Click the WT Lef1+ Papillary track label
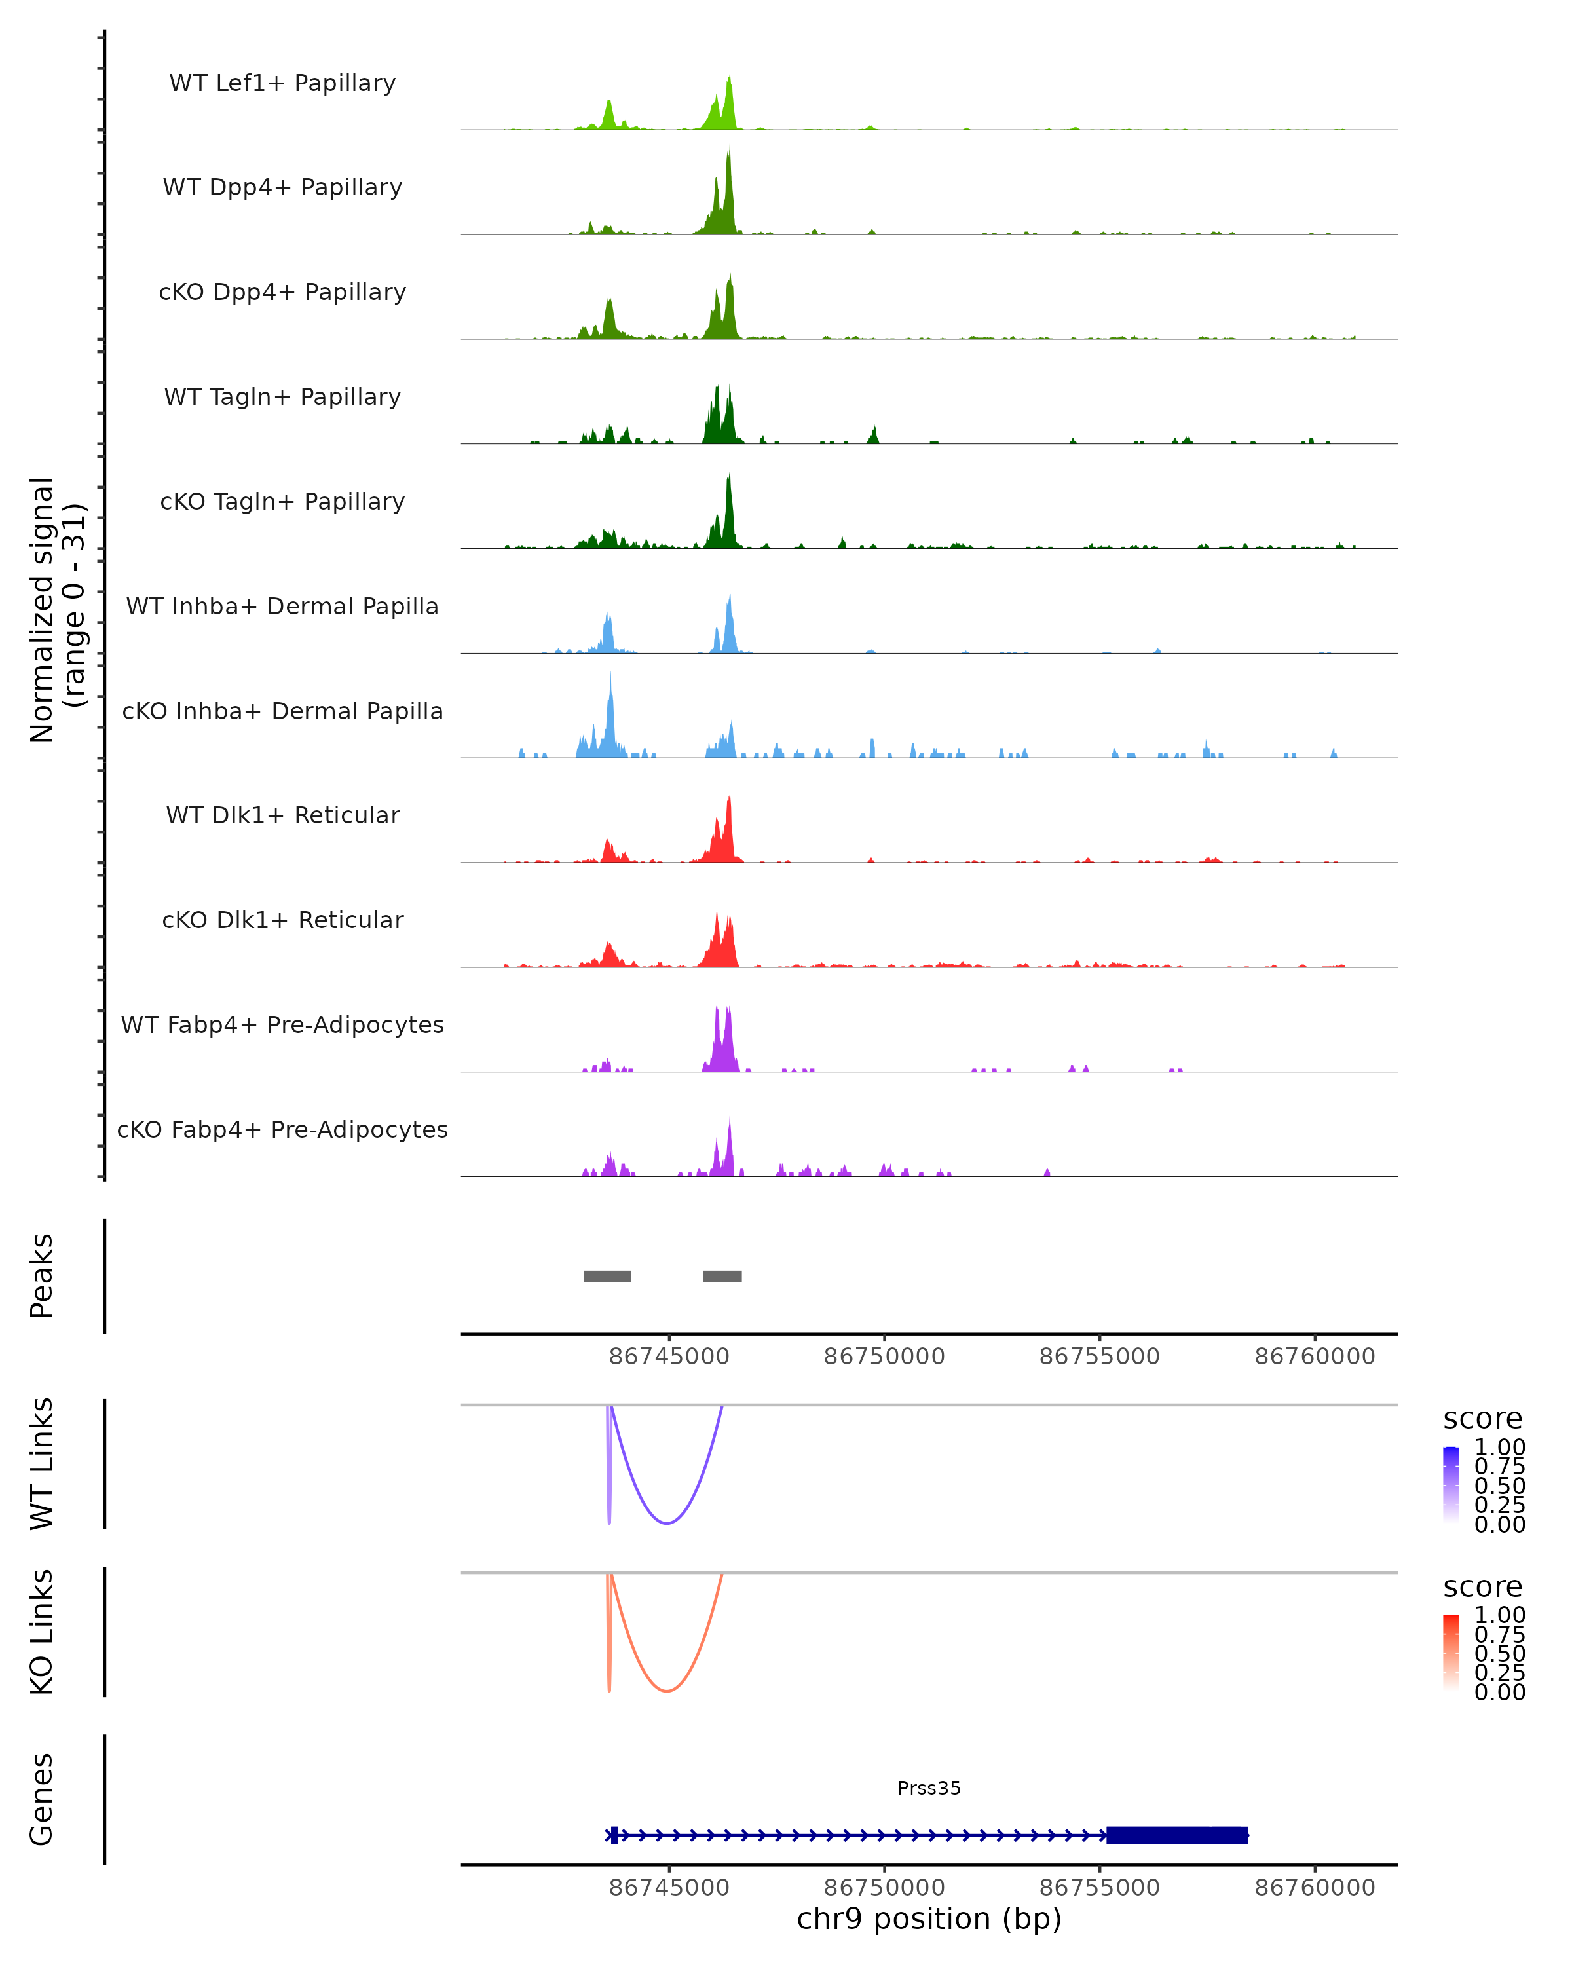tap(282, 83)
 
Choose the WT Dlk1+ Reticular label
tap(282, 815)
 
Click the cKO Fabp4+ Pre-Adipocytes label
tap(282, 1129)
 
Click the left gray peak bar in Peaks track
tap(607, 1276)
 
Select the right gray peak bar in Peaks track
tap(722, 1276)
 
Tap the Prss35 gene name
tap(929, 1787)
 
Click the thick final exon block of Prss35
tap(1176, 1835)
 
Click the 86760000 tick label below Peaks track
tap(1314, 1357)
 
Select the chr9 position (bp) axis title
tap(929, 1918)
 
